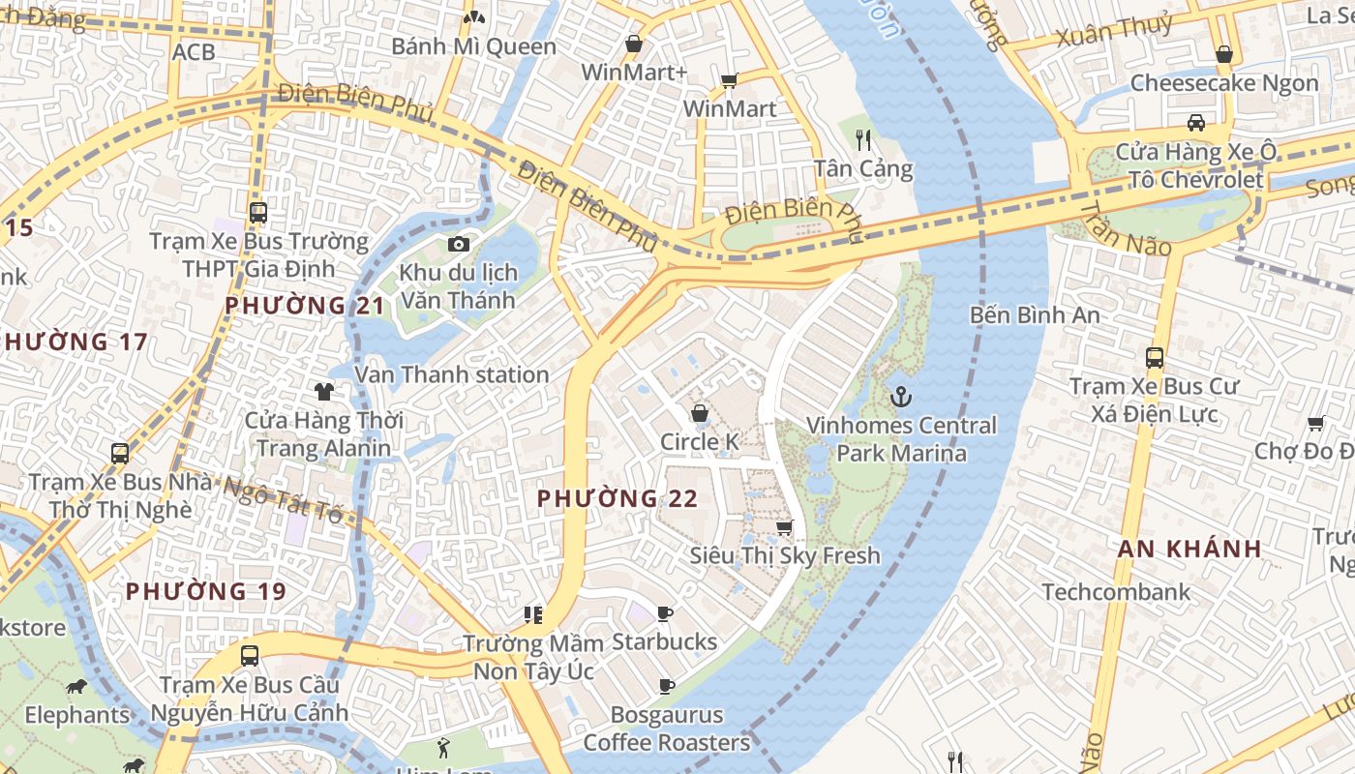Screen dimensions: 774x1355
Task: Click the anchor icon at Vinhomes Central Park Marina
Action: (901, 397)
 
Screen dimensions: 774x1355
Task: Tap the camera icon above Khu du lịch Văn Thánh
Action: (459, 244)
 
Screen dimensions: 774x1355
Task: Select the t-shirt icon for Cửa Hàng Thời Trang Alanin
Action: (323, 392)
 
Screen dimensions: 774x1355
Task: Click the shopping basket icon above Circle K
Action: (700, 414)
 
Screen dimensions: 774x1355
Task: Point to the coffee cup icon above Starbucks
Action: (665, 613)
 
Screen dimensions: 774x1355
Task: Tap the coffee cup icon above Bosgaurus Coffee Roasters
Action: (667, 686)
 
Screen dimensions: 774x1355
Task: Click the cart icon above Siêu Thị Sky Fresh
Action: (785, 527)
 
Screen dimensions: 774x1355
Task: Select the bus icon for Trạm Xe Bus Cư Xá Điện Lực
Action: (1155, 357)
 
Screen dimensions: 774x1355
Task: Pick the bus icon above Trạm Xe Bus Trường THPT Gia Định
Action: (258, 213)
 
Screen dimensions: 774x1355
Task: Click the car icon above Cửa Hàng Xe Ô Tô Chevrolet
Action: (1196, 123)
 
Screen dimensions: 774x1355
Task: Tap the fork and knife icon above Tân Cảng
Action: (864, 140)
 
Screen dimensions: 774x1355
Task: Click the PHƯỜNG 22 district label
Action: (617, 498)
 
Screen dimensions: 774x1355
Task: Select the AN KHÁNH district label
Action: (1189, 549)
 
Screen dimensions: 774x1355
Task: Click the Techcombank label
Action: (1116, 591)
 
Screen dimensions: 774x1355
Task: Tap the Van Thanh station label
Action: (452, 374)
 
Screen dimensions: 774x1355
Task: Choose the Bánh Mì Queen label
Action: (473, 46)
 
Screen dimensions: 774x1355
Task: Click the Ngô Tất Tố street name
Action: (284, 496)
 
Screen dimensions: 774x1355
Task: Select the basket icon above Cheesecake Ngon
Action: (1224, 54)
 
